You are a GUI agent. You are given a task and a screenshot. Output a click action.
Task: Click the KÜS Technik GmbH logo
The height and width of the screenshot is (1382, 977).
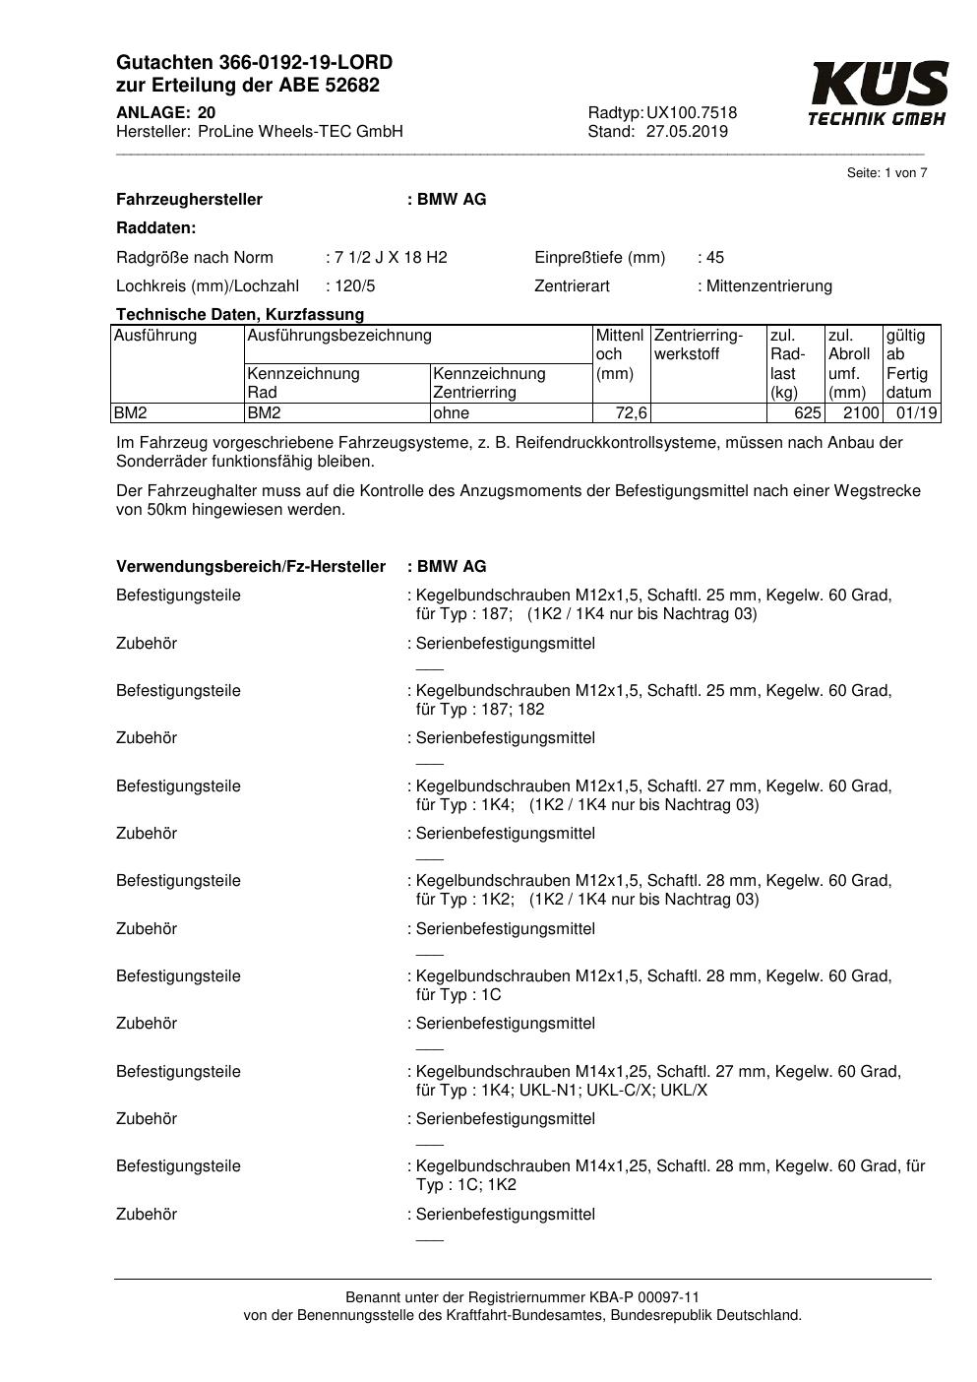879,94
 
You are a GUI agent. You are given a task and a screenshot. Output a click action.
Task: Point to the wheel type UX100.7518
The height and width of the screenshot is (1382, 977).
692,113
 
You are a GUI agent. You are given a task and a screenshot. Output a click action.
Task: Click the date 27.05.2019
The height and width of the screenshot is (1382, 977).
687,132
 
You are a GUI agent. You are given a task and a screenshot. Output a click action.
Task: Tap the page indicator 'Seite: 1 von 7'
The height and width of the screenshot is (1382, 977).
886,173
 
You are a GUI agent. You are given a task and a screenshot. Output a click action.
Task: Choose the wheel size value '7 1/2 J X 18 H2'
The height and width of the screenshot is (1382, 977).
391,258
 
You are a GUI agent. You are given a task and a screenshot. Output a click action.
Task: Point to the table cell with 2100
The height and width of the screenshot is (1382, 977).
861,413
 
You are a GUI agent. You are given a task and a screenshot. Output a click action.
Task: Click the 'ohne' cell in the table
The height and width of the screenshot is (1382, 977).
452,413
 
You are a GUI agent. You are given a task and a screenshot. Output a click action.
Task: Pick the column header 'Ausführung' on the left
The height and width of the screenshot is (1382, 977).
155,336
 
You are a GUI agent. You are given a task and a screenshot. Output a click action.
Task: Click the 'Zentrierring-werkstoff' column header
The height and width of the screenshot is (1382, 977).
699,345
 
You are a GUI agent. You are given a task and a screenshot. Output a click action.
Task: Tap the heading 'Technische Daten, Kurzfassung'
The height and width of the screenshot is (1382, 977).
240,315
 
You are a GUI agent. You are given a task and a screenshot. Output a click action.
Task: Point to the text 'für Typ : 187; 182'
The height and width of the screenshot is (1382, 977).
480,710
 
